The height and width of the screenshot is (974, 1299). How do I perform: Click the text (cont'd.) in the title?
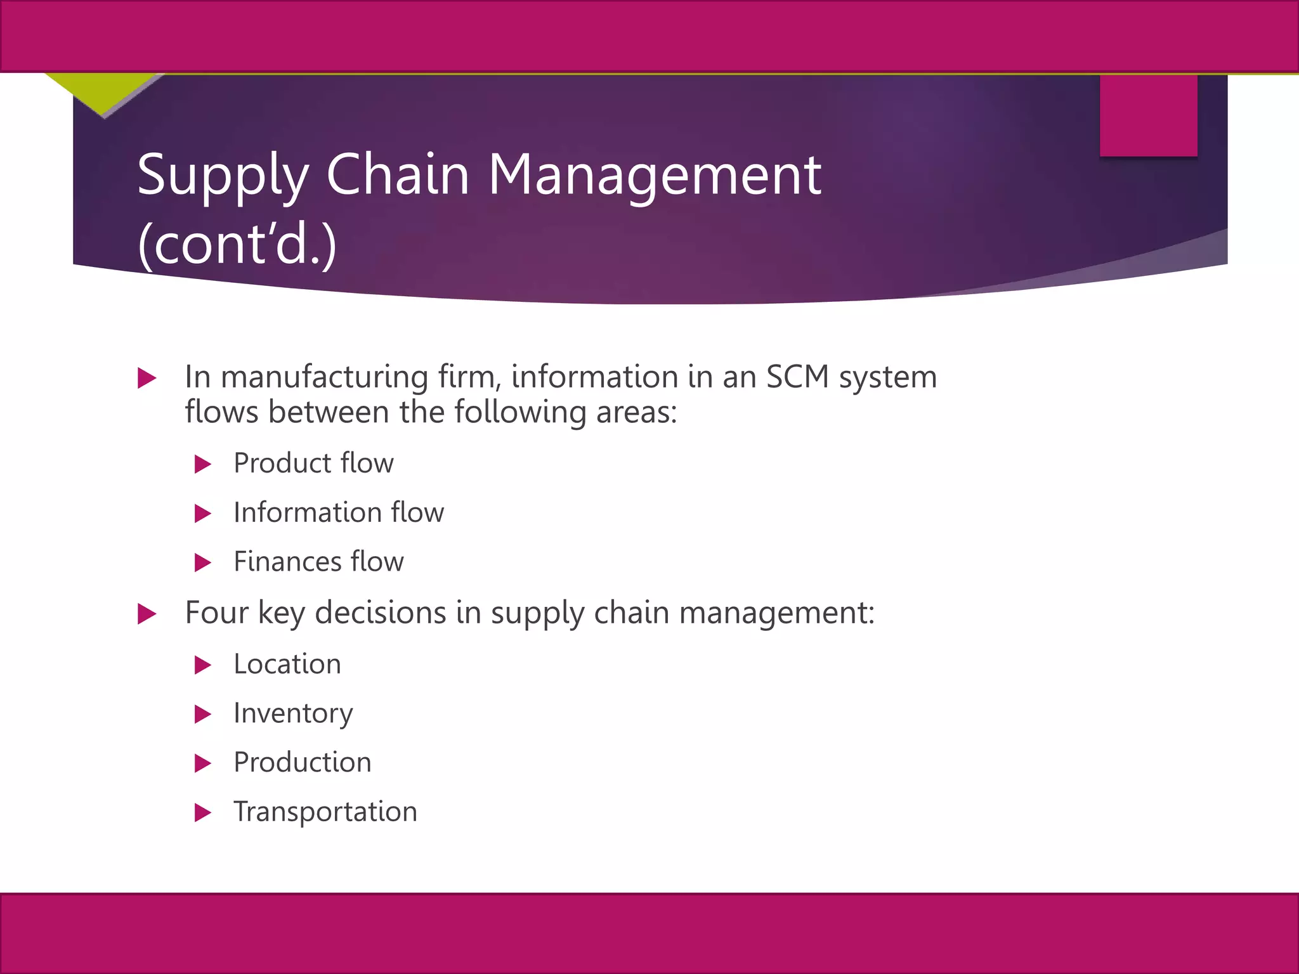tap(237, 245)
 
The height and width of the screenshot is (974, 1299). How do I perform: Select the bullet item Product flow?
tap(313, 464)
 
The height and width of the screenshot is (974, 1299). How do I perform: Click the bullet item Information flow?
tap(339, 512)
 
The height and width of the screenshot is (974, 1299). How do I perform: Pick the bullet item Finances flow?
tap(318, 562)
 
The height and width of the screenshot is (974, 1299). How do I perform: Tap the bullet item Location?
tap(287, 665)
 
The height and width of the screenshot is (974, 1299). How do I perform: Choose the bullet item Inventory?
tap(293, 714)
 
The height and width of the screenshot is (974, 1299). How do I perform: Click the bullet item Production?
tap(303, 762)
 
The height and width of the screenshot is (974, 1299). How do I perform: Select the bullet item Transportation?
tap(325, 812)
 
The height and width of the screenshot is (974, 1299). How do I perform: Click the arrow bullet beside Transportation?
tap(202, 812)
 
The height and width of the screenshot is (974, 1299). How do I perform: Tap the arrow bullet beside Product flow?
tap(202, 464)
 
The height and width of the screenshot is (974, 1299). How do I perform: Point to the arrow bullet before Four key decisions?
tap(147, 614)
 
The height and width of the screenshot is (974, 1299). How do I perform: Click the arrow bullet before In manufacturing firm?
tap(147, 379)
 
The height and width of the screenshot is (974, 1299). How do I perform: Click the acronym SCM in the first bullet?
tap(798, 377)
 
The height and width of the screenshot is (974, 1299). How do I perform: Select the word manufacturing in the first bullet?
tap(324, 377)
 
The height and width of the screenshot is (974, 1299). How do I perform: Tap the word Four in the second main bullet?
tap(216, 613)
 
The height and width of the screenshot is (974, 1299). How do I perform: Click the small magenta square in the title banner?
tap(1148, 115)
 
